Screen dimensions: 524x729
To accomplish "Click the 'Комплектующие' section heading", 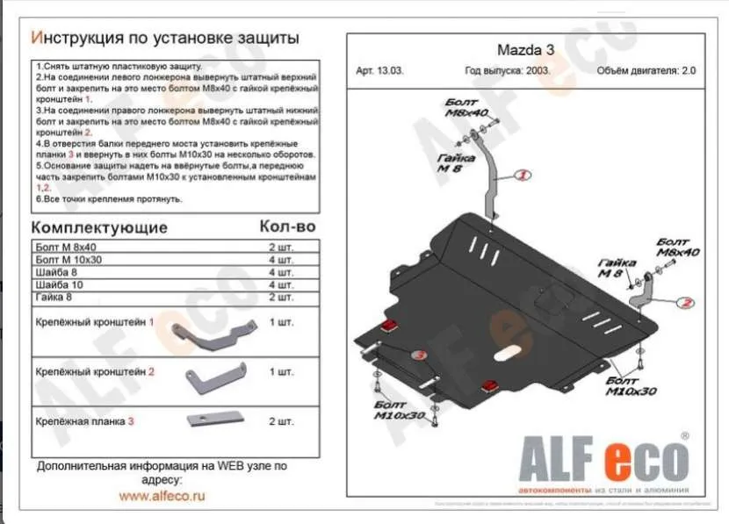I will tap(99, 227).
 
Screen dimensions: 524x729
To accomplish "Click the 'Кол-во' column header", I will tap(287, 226).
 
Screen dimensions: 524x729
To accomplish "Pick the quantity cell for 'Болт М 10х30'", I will tap(281, 260).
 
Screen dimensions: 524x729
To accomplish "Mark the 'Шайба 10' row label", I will tap(61, 284).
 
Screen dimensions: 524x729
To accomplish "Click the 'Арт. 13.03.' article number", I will tap(380, 72).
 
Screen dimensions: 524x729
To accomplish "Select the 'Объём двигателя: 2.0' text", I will tap(646, 72).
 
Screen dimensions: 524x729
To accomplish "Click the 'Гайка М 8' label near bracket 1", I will tap(450, 162).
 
